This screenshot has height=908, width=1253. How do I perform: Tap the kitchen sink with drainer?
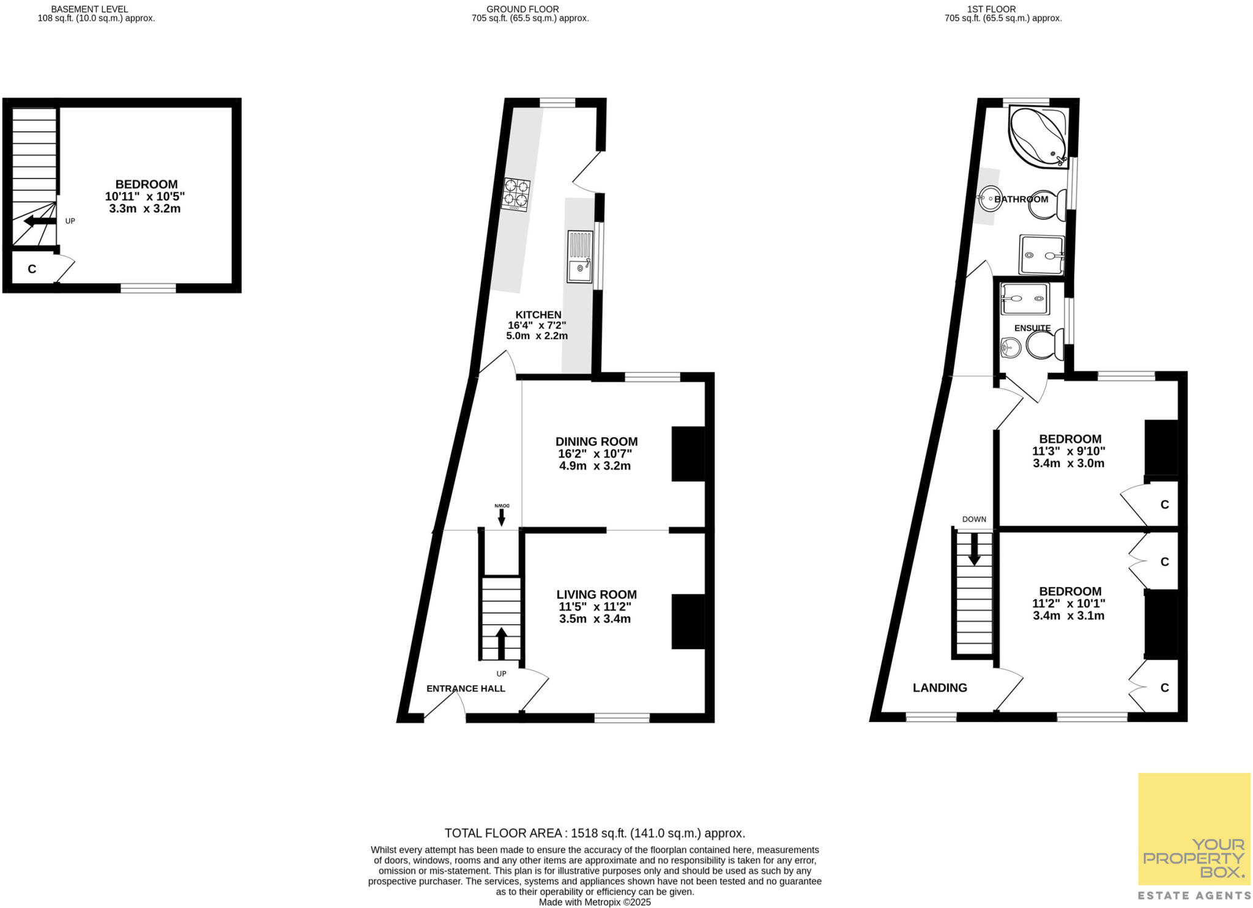pos(579,256)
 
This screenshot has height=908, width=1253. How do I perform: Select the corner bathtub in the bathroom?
pos(1038,136)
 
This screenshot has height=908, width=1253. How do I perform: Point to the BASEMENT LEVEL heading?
pos(89,9)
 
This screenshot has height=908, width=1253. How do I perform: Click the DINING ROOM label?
pos(596,441)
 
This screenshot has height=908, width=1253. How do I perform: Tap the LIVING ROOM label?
pos(596,594)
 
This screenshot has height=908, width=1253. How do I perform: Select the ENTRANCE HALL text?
pos(466,688)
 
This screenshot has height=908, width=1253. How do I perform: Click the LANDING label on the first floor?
pos(939,688)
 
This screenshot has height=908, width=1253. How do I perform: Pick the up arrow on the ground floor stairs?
pos(501,643)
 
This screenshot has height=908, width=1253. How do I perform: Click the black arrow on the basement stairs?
pos(39,221)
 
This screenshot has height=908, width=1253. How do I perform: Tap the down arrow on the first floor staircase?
pos(974,549)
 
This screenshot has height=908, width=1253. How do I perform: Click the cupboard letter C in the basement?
pos(32,269)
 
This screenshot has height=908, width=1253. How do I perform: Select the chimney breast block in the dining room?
pos(688,454)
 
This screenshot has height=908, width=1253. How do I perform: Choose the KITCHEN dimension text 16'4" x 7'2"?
pos(537,325)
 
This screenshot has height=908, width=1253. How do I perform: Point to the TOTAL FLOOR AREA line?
pos(594,833)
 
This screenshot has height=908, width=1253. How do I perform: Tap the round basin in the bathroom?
pos(989,198)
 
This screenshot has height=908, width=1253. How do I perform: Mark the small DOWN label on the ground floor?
pos(502,506)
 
